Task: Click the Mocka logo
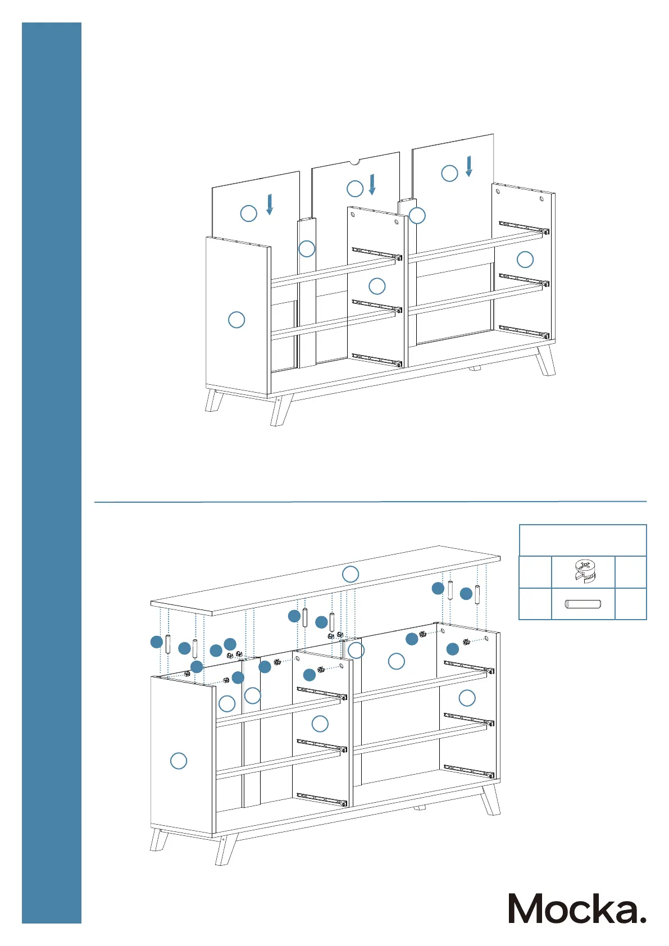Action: pyautogui.click(x=576, y=908)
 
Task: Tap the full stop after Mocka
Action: pyautogui.click(x=643, y=919)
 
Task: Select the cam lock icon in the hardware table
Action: pyautogui.click(x=583, y=572)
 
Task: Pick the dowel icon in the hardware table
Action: pyautogui.click(x=583, y=604)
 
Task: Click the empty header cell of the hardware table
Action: pyautogui.click(x=582, y=540)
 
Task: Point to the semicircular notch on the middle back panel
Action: pyautogui.click(x=354, y=162)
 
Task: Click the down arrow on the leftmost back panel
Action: pyautogui.click(x=270, y=204)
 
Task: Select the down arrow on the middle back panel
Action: pyautogui.click(x=372, y=184)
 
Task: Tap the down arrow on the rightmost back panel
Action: pyautogui.click(x=469, y=166)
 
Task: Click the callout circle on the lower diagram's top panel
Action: pyautogui.click(x=351, y=574)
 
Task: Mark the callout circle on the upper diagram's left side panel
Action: pyautogui.click(x=236, y=320)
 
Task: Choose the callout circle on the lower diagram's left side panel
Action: pyautogui.click(x=179, y=761)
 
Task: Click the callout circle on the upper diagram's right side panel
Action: pyautogui.click(x=525, y=260)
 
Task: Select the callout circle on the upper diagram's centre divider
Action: pyautogui.click(x=377, y=286)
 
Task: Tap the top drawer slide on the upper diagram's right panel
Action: pyautogui.click(x=524, y=227)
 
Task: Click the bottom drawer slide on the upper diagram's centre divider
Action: pyautogui.click(x=377, y=360)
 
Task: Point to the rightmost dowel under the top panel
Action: pyautogui.click(x=477, y=594)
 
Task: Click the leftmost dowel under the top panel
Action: pyautogui.click(x=168, y=643)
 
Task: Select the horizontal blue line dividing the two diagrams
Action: pyautogui.click(x=370, y=501)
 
